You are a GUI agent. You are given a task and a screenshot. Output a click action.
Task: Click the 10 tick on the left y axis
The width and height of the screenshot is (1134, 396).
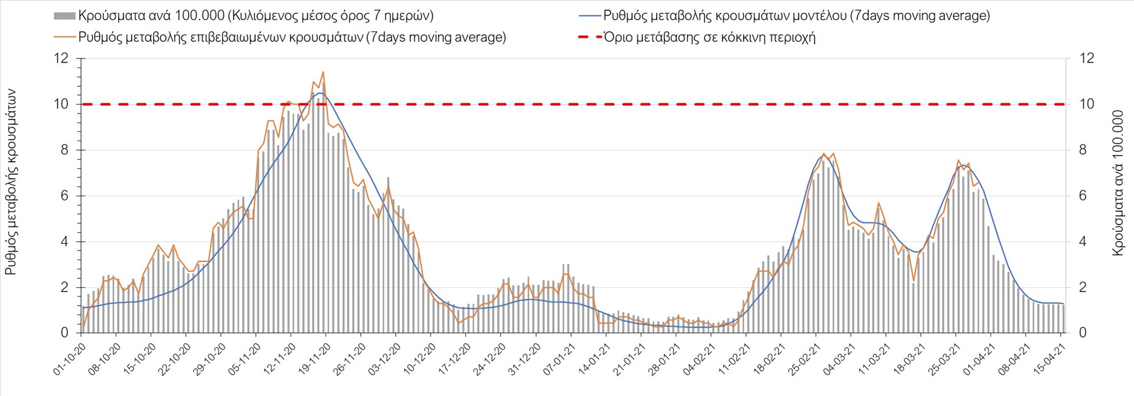61,104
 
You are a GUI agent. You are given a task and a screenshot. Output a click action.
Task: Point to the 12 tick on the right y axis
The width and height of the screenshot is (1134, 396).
1087,58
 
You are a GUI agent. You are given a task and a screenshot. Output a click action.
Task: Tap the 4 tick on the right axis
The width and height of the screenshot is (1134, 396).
1083,242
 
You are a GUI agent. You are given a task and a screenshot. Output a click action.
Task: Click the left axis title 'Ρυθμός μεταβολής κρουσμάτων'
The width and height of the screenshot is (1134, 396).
11,182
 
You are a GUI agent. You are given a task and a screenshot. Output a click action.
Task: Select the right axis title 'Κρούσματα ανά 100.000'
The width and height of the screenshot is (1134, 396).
1117,183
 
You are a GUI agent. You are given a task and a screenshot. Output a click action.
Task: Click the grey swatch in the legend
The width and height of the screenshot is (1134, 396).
64,16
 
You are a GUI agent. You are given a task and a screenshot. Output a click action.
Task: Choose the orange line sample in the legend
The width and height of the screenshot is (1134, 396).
64,37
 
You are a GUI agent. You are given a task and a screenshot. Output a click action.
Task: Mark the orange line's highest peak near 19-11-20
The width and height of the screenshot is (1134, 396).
323,72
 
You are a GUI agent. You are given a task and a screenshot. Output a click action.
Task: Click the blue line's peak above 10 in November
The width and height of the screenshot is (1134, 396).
320,93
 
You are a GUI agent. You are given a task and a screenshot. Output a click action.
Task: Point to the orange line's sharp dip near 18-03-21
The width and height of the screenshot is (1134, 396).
914,281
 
